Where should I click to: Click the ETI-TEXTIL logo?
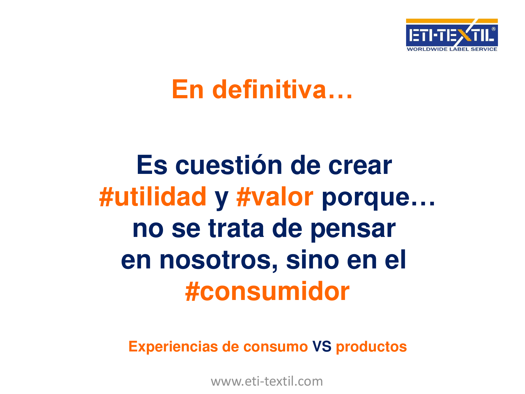pos(452,35)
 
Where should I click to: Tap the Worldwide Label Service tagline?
pos(452,49)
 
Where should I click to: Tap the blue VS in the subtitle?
pos(322,346)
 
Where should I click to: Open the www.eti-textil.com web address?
pos(267,381)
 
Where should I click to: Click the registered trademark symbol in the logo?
pos(493,29)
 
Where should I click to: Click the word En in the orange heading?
pos(188,90)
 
